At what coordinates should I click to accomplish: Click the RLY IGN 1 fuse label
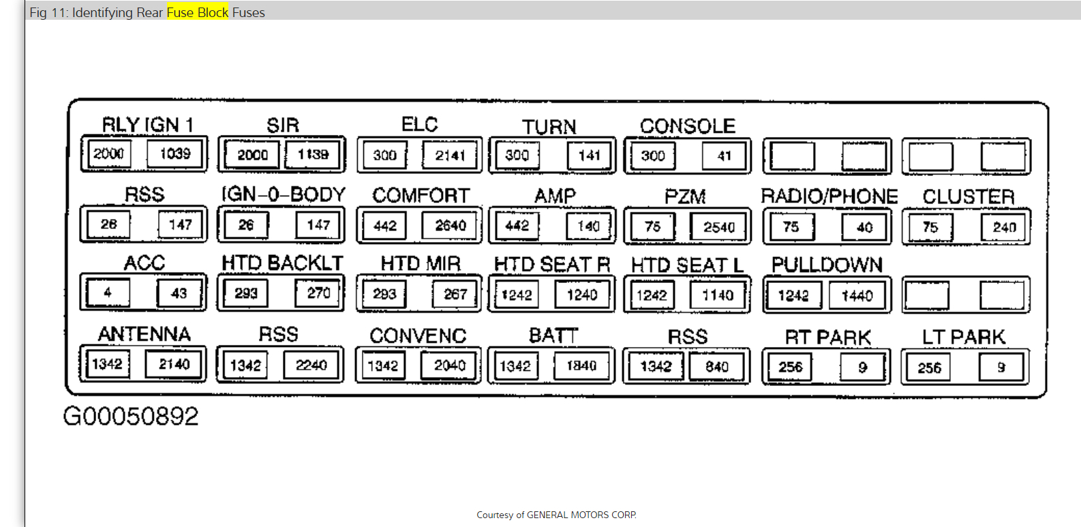(x=147, y=125)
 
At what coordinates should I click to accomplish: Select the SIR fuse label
(x=283, y=125)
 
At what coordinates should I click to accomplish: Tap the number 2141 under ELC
(x=450, y=155)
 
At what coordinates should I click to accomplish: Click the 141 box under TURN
(x=589, y=155)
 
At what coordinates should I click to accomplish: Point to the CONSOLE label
(x=687, y=126)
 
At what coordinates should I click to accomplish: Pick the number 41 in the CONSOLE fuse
(x=724, y=156)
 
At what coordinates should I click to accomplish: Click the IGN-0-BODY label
(x=283, y=195)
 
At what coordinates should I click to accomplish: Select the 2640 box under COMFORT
(x=450, y=226)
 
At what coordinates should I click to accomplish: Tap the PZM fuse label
(x=685, y=197)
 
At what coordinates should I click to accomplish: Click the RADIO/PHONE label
(x=829, y=196)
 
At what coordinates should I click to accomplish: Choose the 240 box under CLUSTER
(x=1004, y=227)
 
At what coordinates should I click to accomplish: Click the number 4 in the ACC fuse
(x=108, y=292)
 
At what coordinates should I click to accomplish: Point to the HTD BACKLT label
(x=282, y=263)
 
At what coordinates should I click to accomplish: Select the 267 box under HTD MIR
(x=455, y=294)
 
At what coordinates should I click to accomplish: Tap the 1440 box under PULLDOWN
(x=857, y=296)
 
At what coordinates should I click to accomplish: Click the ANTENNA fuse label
(x=144, y=334)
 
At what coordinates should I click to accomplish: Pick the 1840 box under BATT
(x=581, y=366)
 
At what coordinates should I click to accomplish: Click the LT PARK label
(x=963, y=337)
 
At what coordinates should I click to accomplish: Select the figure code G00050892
(x=130, y=416)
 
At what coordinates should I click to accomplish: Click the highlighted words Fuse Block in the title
(x=198, y=12)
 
